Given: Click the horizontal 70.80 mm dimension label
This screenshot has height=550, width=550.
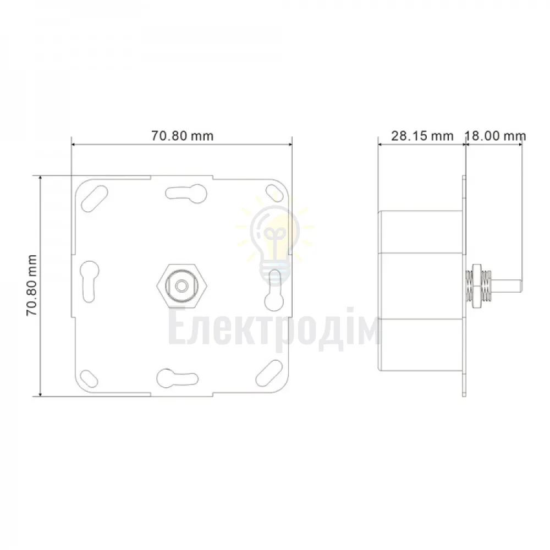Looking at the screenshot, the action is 182,136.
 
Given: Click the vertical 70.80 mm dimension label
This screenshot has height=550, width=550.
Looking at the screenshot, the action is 32,285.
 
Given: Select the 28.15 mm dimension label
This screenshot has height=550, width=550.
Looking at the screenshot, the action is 422,136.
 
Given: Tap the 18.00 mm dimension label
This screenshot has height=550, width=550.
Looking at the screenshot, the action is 496,136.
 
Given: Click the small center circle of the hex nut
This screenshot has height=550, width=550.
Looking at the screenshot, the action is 182,285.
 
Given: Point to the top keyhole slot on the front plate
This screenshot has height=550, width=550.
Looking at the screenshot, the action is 186,193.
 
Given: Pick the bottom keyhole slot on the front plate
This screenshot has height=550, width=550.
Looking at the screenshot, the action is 177,378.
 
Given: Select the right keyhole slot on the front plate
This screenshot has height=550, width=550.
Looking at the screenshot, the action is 273,290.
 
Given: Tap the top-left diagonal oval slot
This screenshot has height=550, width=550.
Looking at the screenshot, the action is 95,198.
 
